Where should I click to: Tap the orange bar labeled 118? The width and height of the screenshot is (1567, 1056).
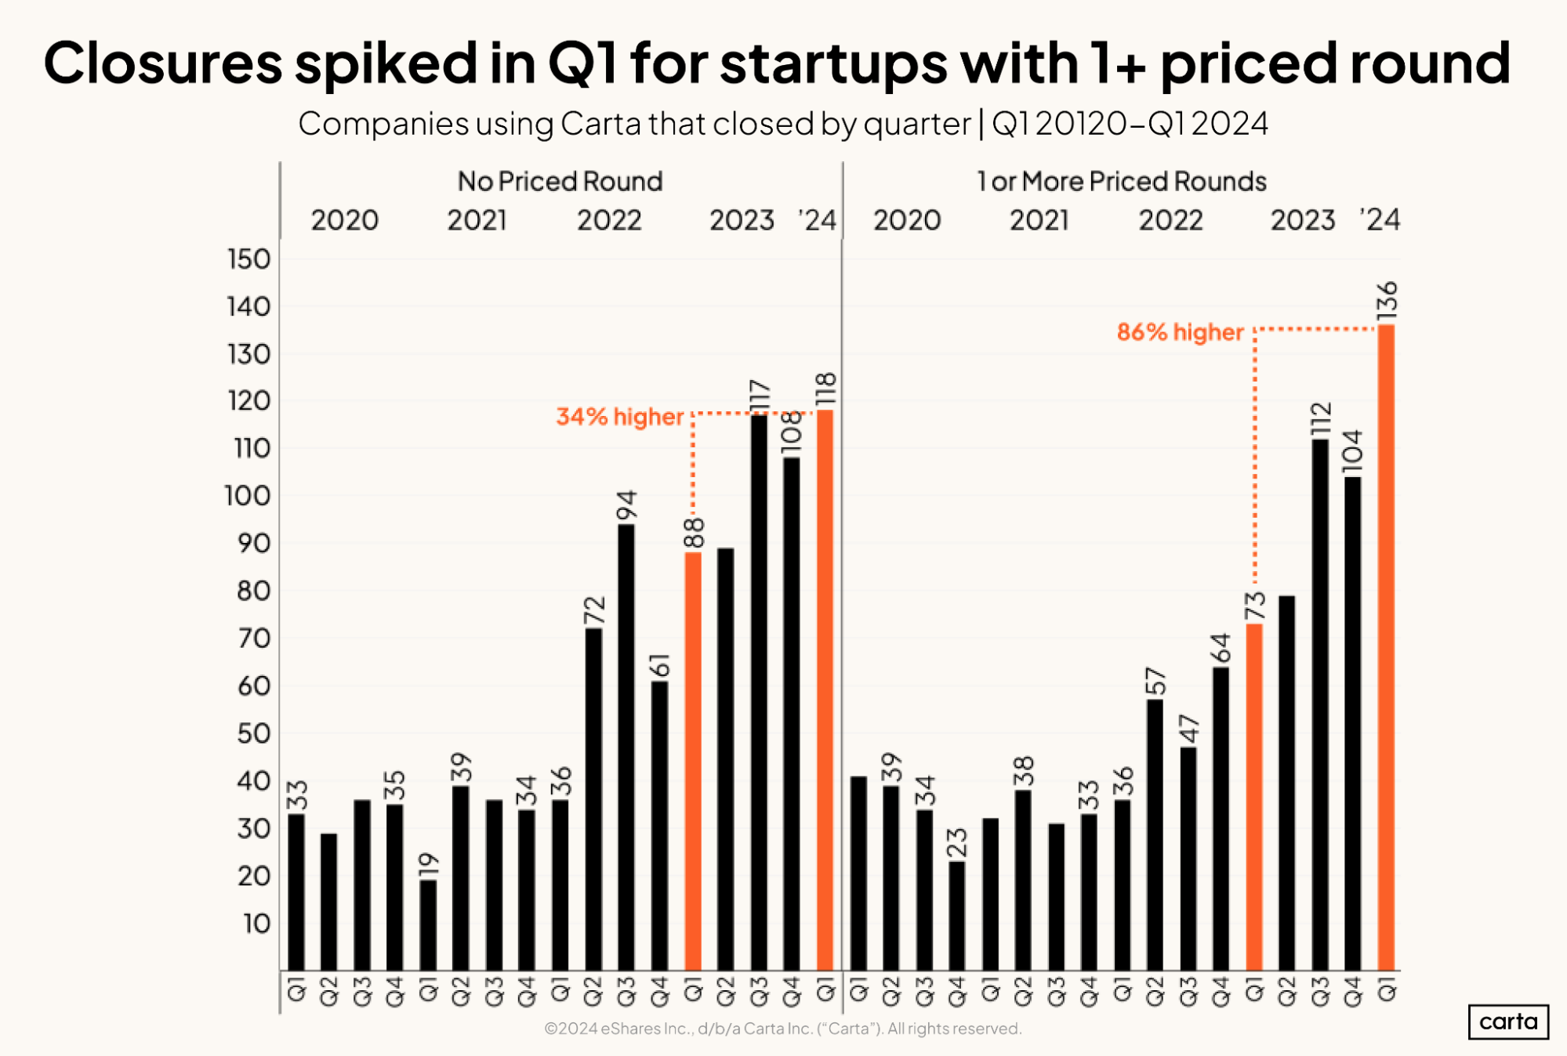pyautogui.click(x=825, y=689)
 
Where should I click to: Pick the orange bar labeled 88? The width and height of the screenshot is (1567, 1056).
pyautogui.click(x=693, y=761)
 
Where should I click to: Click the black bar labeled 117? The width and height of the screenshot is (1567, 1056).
pyautogui.click(x=759, y=693)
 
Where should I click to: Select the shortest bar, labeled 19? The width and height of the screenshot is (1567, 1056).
pyautogui.click(x=428, y=925)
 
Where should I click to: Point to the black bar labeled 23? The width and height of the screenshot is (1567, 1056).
pyautogui.click(x=957, y=916)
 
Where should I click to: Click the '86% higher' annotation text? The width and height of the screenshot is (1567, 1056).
pyautogui.click(x=1180, y=332)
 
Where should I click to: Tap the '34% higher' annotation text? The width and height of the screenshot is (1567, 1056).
pyautogui.click(x=620, y=417)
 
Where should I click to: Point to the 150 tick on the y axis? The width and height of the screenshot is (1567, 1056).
pyautogui.click(x=249, y=259)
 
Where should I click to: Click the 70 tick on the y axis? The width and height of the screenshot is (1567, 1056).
pyautogui.click(x=254, y=639)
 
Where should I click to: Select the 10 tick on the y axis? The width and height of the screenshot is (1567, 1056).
pyautogui.click(x=256, y=924)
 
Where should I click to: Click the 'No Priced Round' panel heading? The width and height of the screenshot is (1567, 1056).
pyautogui.click(x=560, y=182)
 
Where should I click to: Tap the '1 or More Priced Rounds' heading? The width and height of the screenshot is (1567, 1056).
pyautogui.click(x=1121, y=182)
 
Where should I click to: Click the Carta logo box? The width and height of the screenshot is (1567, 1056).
pyautogui.click(x=1507, y=1022)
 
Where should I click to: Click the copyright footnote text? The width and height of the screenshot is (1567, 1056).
pyautogui.click(x=782, y=1029)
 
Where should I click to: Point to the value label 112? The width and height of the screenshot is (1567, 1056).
pyautogui.click(x=1321, y=419)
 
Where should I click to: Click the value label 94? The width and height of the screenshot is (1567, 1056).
pyautogui.click(x=627, y=505)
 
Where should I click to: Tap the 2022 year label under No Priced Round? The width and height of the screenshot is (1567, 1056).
pyautogui.click(x=609, y=220)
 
